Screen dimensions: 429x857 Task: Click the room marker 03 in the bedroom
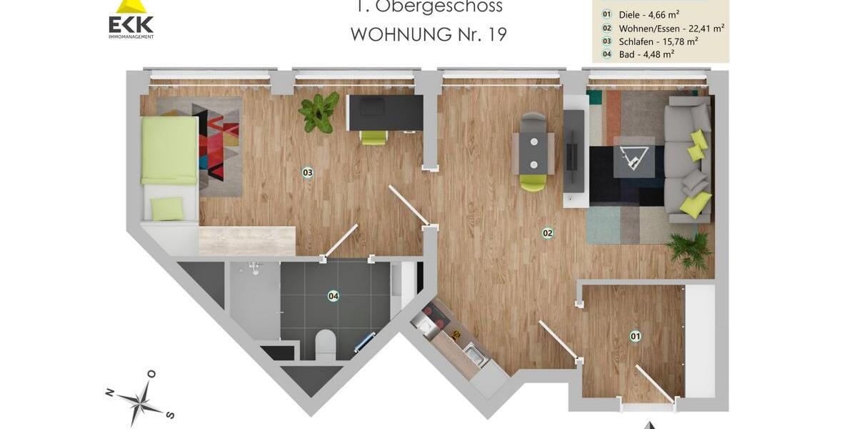click(x=308, y=172)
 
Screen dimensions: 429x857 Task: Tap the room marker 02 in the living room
click(x=548, y=232)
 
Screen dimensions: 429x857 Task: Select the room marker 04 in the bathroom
click(x=333, y=295)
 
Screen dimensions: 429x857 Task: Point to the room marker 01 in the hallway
click(x=635, y=335)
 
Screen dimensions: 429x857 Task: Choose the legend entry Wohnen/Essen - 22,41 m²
click(x=663, y=28)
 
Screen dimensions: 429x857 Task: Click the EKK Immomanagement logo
click(x=131, y=20)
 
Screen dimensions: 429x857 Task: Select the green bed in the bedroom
click(x=169, y=151)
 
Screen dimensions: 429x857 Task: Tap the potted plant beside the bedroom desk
click(x=319, y=112)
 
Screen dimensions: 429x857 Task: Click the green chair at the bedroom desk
click(x=374, y=137)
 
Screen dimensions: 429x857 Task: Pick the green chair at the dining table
click(x=533, y=183)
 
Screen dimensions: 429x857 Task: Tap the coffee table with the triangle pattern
click(x=633, y=156)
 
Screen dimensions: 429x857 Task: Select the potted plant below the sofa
click(x=688, y=250)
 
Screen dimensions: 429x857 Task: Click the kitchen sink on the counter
click(x=473, y=353)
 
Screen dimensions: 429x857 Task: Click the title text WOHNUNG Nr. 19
click(x=428, y=34)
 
